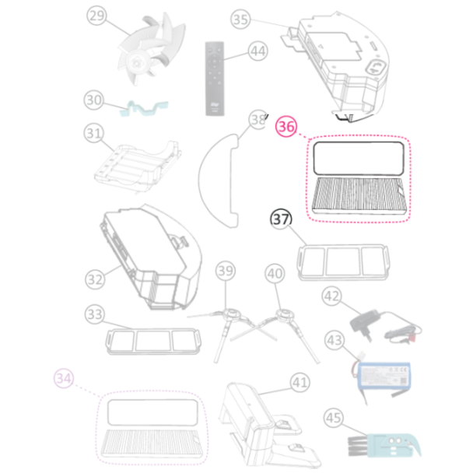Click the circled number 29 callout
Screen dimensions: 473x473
tap(96, 16)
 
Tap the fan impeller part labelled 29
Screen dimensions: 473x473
tap(151, 50)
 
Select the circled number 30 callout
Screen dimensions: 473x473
tap(94, 100)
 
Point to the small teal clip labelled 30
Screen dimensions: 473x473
tap(144, 108)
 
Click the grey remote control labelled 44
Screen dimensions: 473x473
tap(215, 79)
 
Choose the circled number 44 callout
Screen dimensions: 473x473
tap(258, 51)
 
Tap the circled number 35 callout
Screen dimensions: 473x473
tap(240, 19)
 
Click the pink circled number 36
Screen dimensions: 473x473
tap(286, 127)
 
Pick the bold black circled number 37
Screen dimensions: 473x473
tap(281, 219)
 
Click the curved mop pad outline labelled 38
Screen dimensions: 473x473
tap(218, 180)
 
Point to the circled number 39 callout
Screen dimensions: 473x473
tap(226, 271)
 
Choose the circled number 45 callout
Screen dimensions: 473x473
tap(333, 418)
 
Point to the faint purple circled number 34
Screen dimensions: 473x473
tap(64, 378)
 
